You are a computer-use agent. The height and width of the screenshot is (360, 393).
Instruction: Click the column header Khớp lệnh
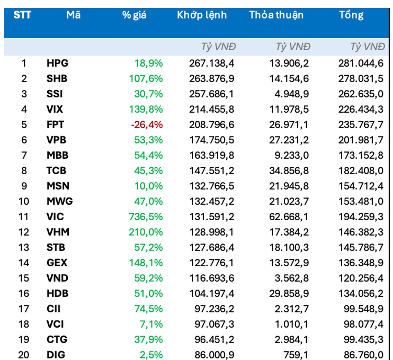202,15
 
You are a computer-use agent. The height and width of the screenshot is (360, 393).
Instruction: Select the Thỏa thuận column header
276,15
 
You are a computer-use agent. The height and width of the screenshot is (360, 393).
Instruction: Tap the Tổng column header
351,15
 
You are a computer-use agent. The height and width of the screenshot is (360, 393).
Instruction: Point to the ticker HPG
57,64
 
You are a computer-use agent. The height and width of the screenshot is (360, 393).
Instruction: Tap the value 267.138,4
211,64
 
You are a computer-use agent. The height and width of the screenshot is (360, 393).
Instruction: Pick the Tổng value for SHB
361,79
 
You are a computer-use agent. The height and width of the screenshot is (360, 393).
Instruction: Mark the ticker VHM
58,232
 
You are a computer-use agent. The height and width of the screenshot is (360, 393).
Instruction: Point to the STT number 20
24,355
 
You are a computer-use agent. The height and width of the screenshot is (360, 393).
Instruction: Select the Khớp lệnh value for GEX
211,263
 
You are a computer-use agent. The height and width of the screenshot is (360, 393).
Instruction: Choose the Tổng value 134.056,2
361,294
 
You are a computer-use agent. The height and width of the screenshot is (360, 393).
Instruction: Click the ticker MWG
59,202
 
